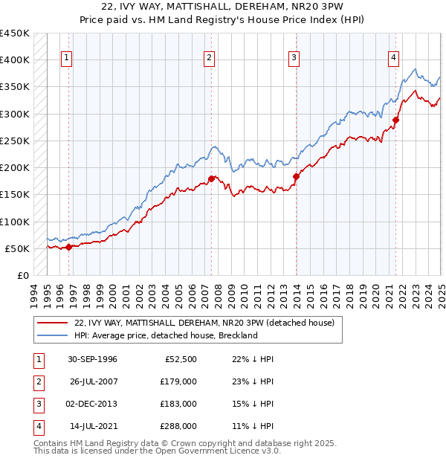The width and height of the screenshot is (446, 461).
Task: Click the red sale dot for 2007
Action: pyautogui.click(x=212, y=178)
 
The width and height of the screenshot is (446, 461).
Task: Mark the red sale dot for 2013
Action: pyautogui.click(x=296, y=176)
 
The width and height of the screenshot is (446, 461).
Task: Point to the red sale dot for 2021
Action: pyautogui.click(x=396, y=120)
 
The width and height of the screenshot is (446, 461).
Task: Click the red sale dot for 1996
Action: pyautogui.click(x=69, y=247)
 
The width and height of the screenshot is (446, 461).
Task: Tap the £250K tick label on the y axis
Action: pyautogui.click(x=15, y=141)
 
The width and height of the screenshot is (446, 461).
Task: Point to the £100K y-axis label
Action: pyautogui.click(x=15, y=222)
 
